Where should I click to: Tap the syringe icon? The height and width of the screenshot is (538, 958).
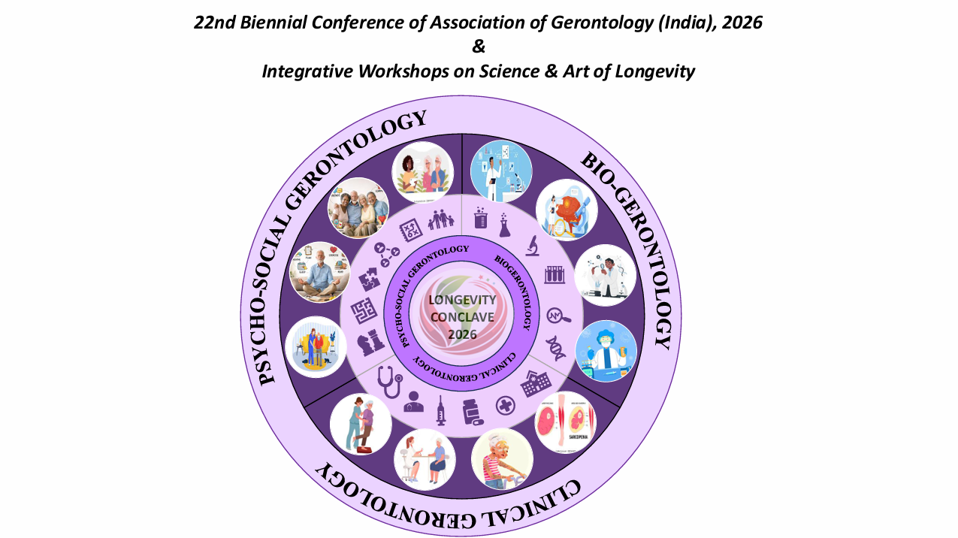441,411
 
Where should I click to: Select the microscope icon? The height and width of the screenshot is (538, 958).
532,244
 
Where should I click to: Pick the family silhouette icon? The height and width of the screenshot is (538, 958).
441,219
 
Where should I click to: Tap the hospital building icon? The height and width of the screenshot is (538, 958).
536,383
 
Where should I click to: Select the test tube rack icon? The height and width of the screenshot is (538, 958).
555,275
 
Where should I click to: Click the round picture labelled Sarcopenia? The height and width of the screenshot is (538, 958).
566,422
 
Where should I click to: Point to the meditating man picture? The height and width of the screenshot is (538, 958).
320,272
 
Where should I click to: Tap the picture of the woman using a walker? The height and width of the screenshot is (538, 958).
502,458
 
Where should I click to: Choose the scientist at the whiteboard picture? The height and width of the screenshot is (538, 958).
501,171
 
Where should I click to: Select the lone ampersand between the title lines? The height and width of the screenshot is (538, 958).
479,47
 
